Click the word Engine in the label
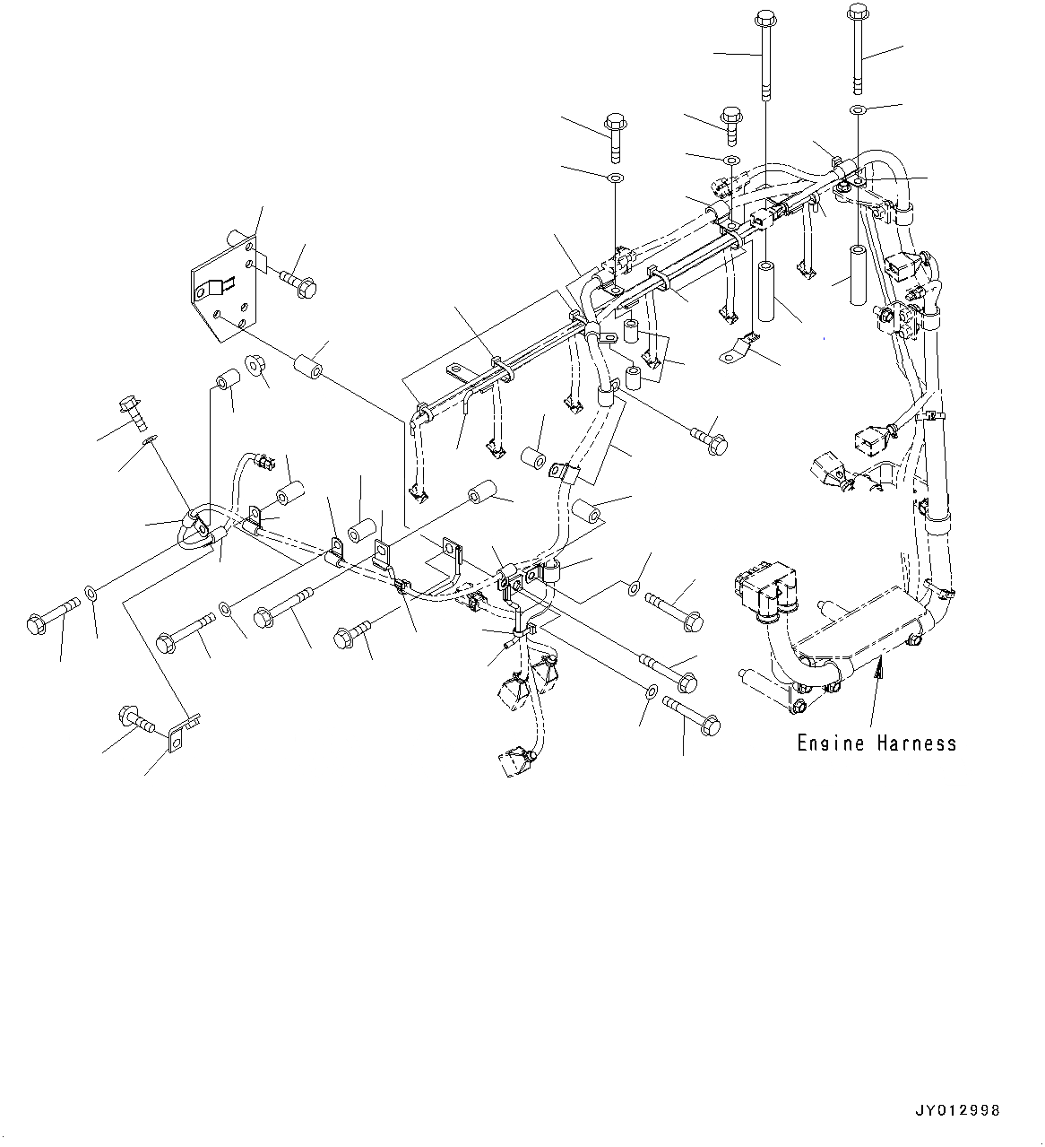pyautogui.click(x=831, y=743)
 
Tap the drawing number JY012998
pyautogui.click(x=956, y=1110)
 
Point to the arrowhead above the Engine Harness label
pyautogui.click(x=880, y=665)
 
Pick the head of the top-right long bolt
pyautogui.click(x=856, y=13)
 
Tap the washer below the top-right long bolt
pyautogui.click(x=858, y=109)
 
